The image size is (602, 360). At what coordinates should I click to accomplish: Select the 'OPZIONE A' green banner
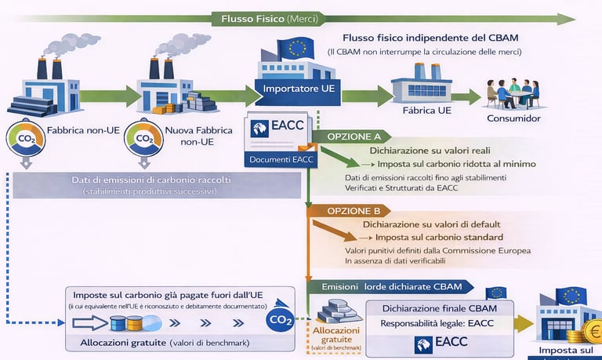pyautogui.click(x=348, y=136)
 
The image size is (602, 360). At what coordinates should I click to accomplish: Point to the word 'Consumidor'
pyautogui.click(x=513, y=118)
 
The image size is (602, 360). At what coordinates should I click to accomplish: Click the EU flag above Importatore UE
pyautogui.click(x=296, y=49)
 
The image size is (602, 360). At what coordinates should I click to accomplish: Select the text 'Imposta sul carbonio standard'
pyautogui.click(x=438, y=238)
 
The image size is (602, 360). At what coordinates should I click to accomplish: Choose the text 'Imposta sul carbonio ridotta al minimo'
pyautogui.click(x=456, y=164)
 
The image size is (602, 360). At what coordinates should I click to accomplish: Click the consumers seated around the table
pyautogui.click(x=513, y=93)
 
